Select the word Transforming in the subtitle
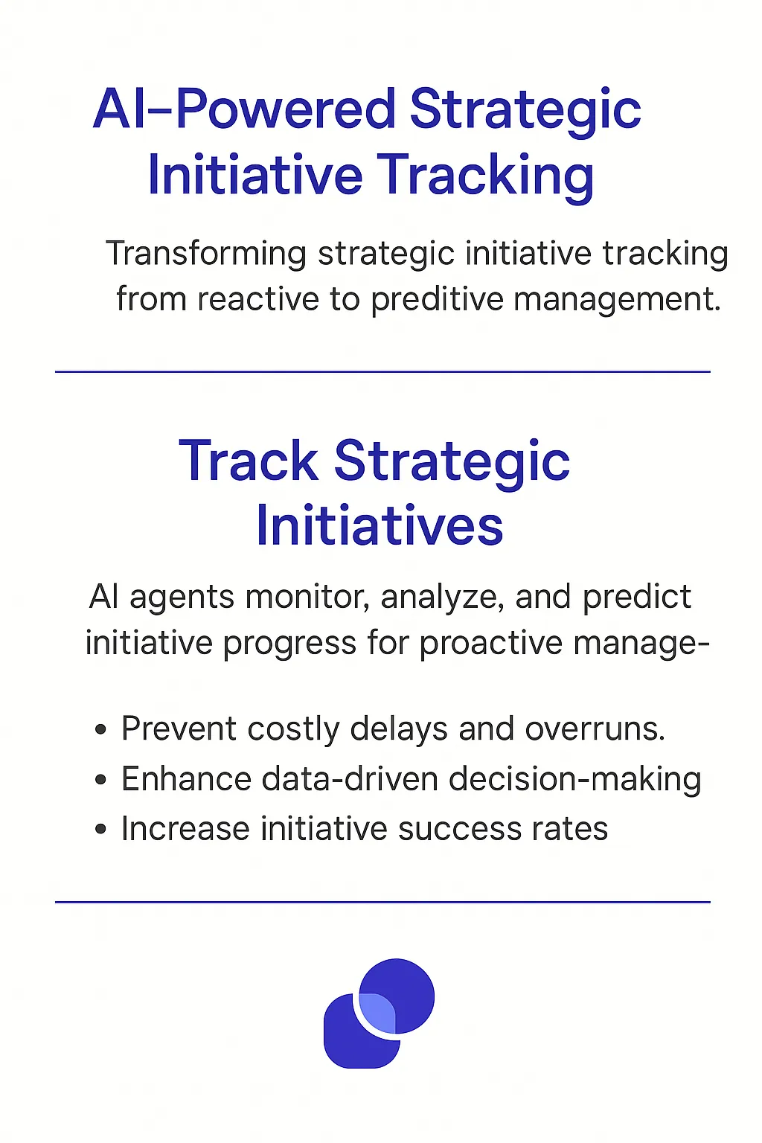point(206,254)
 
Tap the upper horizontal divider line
point(382,371)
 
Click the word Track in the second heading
point(249,461)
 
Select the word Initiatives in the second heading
point(380,526)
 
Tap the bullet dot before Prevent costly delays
point(101,730)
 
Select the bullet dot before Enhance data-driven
point(101,781)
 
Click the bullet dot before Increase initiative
point(101,830)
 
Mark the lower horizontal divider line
point(382,902)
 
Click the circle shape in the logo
point(406,986)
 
